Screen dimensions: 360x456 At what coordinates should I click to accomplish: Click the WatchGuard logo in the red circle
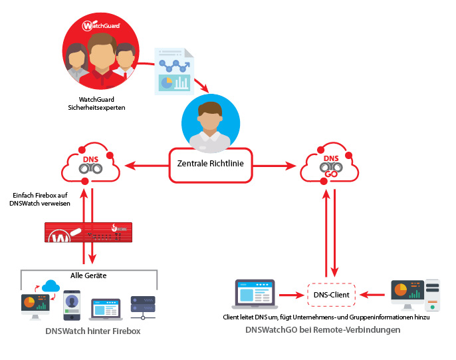coord(102,27)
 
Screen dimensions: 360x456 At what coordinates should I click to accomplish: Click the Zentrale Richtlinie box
coord(209,164)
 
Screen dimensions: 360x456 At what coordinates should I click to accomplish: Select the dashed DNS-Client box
coord(331,293)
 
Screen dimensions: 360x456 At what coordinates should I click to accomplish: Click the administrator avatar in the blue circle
coord(209,123)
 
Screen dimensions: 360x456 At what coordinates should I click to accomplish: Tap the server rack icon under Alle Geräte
coord(143,305)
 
